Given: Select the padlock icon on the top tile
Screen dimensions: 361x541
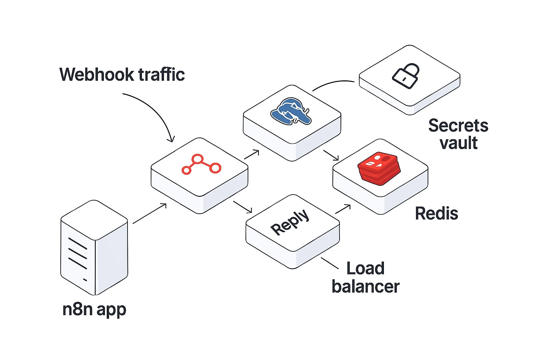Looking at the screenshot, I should (406, 76).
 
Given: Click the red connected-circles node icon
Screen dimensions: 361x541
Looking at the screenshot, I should (201, 164).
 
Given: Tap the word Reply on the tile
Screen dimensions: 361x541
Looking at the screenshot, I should (290, 222).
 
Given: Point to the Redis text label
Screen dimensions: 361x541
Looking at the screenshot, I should (436, 213).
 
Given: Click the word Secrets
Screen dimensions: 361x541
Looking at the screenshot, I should (458, 126).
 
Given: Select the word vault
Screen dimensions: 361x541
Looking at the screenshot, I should (459, 143).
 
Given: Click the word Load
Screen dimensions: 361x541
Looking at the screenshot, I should (365, 268).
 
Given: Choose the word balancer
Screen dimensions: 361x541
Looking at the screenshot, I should (366, 286).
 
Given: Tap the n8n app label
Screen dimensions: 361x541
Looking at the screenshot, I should (94, 309).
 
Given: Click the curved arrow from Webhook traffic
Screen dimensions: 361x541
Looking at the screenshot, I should (155, 109).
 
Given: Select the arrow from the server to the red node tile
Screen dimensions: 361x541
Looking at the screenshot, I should (149, 213).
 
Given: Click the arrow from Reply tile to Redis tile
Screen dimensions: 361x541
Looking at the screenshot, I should (343, 209).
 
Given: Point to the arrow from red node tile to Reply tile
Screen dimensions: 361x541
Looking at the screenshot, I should (243, 207).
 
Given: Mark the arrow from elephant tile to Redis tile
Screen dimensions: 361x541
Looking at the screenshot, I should (331, 155).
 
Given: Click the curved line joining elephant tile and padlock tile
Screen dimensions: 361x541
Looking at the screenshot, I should (333, 83).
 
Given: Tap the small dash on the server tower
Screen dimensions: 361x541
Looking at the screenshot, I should (85, 280).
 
